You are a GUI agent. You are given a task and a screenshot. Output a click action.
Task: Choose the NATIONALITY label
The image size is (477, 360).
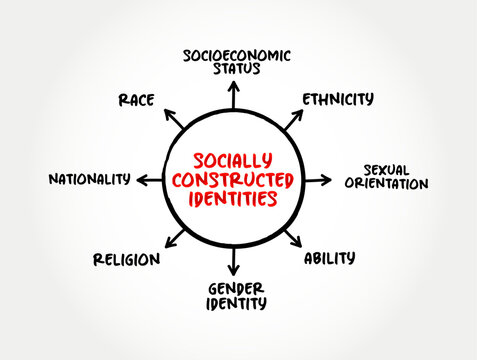click(89, 179)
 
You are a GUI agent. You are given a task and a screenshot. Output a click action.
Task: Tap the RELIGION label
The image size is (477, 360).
click(126, 259)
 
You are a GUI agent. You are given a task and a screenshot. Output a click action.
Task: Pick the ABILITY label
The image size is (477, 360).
click(329, 258)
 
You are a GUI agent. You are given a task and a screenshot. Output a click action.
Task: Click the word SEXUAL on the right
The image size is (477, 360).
click(387, 169)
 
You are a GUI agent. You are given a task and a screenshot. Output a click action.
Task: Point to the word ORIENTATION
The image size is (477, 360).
click(387, 184)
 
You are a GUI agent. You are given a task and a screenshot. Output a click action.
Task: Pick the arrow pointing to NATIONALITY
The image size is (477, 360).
click(148, 180)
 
